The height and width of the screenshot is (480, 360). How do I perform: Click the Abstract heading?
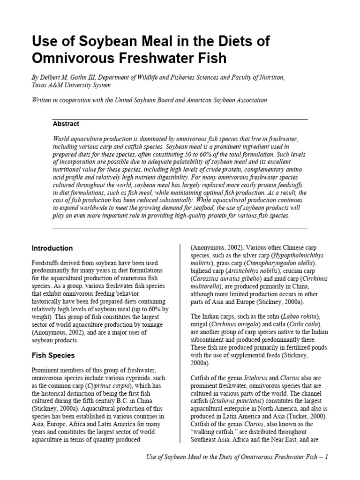point(66,124)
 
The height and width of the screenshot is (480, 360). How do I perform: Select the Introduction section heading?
point(52,248)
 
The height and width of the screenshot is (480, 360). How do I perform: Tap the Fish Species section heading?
point(53,355)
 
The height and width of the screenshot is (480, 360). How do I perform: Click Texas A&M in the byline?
point(52,85)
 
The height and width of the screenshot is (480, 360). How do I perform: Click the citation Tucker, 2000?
point(308,416)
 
